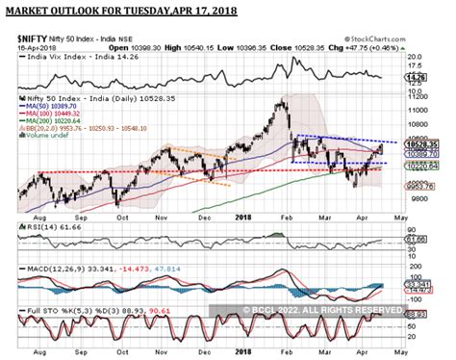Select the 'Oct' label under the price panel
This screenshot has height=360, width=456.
(x=121, y=219)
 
